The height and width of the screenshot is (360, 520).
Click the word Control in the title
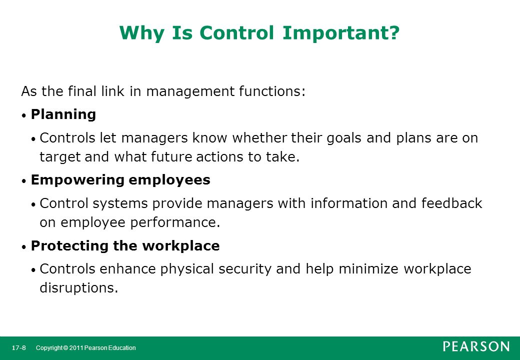pyautogui.click(x=236, y=32)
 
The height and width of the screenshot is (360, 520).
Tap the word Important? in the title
pyautogui.click(x=341, y=32)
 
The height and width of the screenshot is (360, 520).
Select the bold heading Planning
pyautogui.click(x=63, y=114)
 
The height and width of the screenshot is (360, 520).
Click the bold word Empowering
pyautogui.click(x=77, y=180)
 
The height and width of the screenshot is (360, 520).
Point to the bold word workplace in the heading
pyautogui.click(x=180, y=246)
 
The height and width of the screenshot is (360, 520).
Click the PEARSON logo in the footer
pyautogui.click(x=476, y=346)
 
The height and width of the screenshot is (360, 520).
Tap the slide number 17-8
pyautogui.click(x=19, y=347)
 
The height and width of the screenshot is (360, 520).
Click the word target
pyautogui.click(x=60, y=157)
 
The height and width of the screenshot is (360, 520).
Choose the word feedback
pyautogui.click(x=451, y=203)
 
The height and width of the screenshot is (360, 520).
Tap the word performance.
pyautogui.click(x=175, y=222)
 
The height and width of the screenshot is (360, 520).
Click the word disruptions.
pyautogui.click(x=79, y=287)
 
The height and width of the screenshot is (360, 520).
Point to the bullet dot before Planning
pyautogui.click(x=23, y=116)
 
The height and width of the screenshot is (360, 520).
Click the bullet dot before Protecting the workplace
pyautogui.click(x=23, y=247)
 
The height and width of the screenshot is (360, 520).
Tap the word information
pyautogui.click(x=349, y=203)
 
